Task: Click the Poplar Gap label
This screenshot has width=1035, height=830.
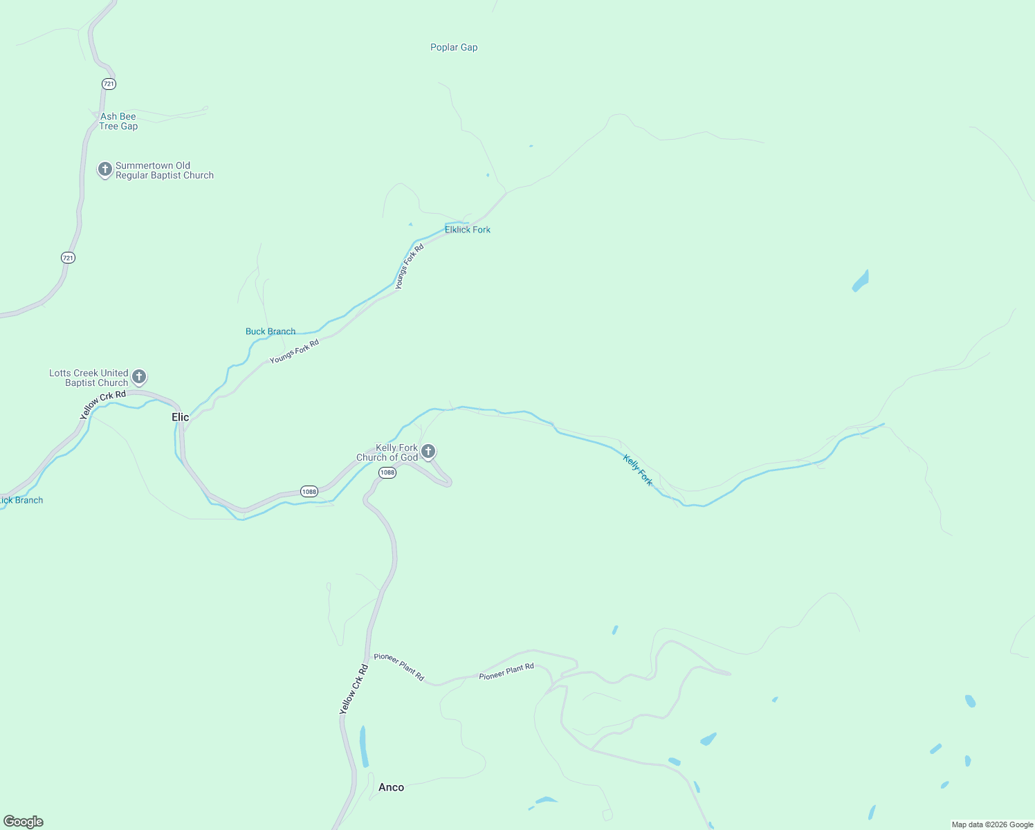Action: point(454,48)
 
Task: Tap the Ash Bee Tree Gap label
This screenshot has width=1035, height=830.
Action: point(118,122)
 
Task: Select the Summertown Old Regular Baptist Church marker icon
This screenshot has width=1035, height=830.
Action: point(104,169)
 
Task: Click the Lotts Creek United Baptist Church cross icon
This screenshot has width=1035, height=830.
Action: point(139,377)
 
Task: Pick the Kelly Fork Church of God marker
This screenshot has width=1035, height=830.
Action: point(428,452)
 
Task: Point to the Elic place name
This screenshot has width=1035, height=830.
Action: point(181,417)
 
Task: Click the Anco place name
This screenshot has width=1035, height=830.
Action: point(391,788)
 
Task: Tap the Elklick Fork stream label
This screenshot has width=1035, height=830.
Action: point(468,230)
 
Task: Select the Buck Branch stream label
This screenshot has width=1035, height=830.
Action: point(271,331)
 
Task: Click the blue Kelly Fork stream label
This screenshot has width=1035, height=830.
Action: point(637,470)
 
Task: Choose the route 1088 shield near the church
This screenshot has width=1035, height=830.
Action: point(387,472)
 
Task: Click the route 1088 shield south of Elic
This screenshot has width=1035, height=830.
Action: point(309,492)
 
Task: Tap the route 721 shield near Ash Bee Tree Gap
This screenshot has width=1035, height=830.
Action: point(109,84)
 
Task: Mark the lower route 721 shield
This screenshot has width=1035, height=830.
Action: point(68,258)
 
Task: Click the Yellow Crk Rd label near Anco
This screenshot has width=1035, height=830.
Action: point(354,690)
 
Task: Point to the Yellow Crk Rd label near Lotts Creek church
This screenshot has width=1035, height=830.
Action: point(103,405)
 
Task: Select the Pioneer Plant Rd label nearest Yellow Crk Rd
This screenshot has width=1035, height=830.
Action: point(399,667)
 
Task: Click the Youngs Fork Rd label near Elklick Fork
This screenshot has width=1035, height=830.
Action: point(409,267)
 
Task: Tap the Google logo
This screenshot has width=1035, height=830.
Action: point(24,822)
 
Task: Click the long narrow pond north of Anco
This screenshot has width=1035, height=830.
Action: point(363,746)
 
